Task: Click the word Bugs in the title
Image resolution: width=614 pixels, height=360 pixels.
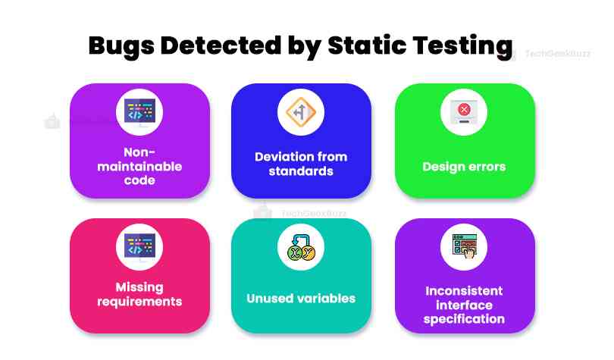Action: click(121, 46)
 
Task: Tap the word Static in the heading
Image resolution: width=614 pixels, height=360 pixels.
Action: click(367, 45)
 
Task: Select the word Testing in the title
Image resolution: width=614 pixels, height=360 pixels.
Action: click(463, 46)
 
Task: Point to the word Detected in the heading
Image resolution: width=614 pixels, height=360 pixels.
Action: click(221, 45)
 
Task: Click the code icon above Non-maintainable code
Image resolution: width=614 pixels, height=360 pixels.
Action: click(139, 112)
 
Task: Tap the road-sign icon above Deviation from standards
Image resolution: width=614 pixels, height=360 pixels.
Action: click(301, 112)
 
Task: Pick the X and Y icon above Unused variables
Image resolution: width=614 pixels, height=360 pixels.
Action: click(301, 247)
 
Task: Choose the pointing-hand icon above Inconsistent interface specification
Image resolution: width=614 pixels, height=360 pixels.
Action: click(465, 246)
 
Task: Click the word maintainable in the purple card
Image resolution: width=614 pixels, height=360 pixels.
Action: click(139, 166)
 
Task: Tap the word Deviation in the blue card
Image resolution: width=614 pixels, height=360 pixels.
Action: click(278, 157)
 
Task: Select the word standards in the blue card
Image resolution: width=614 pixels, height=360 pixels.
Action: click(301, 171)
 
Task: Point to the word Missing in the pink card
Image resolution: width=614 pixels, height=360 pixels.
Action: click(139, 287)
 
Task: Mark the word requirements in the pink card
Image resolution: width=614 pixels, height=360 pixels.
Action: click(139, 302)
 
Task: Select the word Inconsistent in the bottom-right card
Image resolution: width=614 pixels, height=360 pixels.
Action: click(464, 291)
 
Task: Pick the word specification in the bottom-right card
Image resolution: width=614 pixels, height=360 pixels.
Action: click(464, 319)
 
